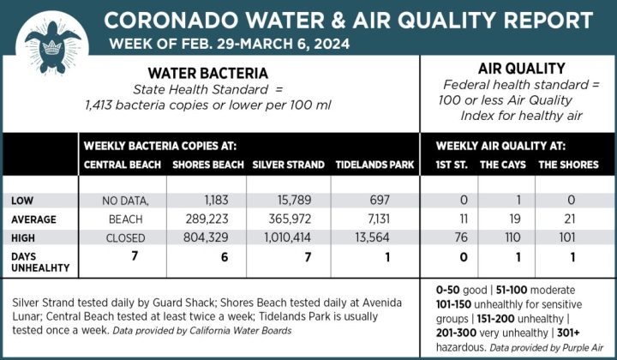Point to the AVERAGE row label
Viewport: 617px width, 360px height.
tap(33, 219)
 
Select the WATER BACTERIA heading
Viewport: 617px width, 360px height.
tap(208, 74)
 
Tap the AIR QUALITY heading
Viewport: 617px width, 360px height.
tap(520, 69)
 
